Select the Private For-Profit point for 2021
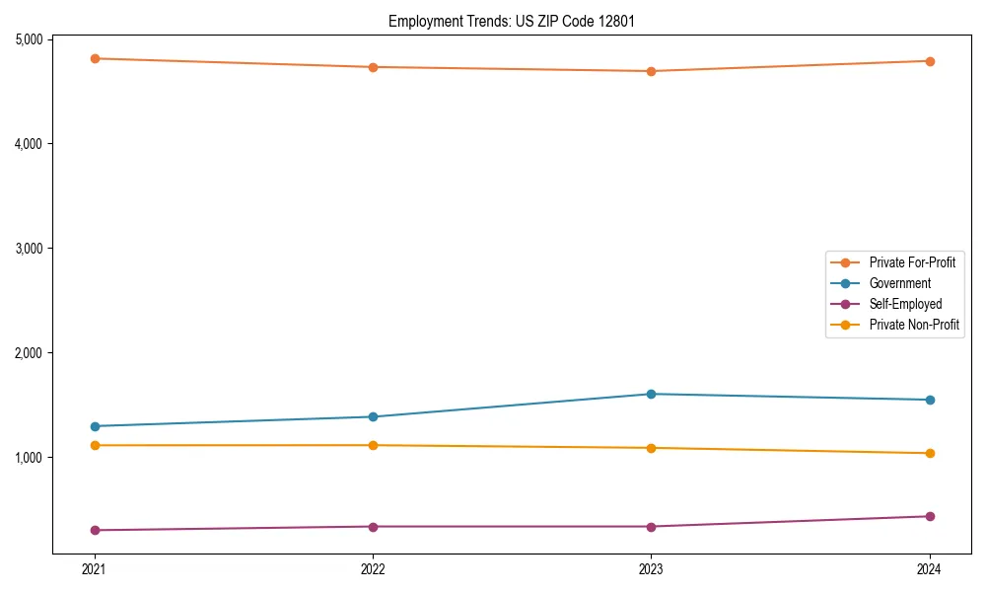pos(95,58)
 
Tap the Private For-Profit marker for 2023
pos(651,71)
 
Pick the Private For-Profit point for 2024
pos(930,61)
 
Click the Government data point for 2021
pos(95,426)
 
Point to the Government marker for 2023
pos(651,394)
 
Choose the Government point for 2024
pos(930,400)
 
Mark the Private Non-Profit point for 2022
pos(373,445)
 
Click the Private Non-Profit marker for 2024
pos(930,453)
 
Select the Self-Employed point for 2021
pos(95,530)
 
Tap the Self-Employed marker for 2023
pos(651,526)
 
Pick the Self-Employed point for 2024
pos(930,516)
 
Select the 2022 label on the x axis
pos(373,569)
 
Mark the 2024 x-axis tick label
pos(930,569)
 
